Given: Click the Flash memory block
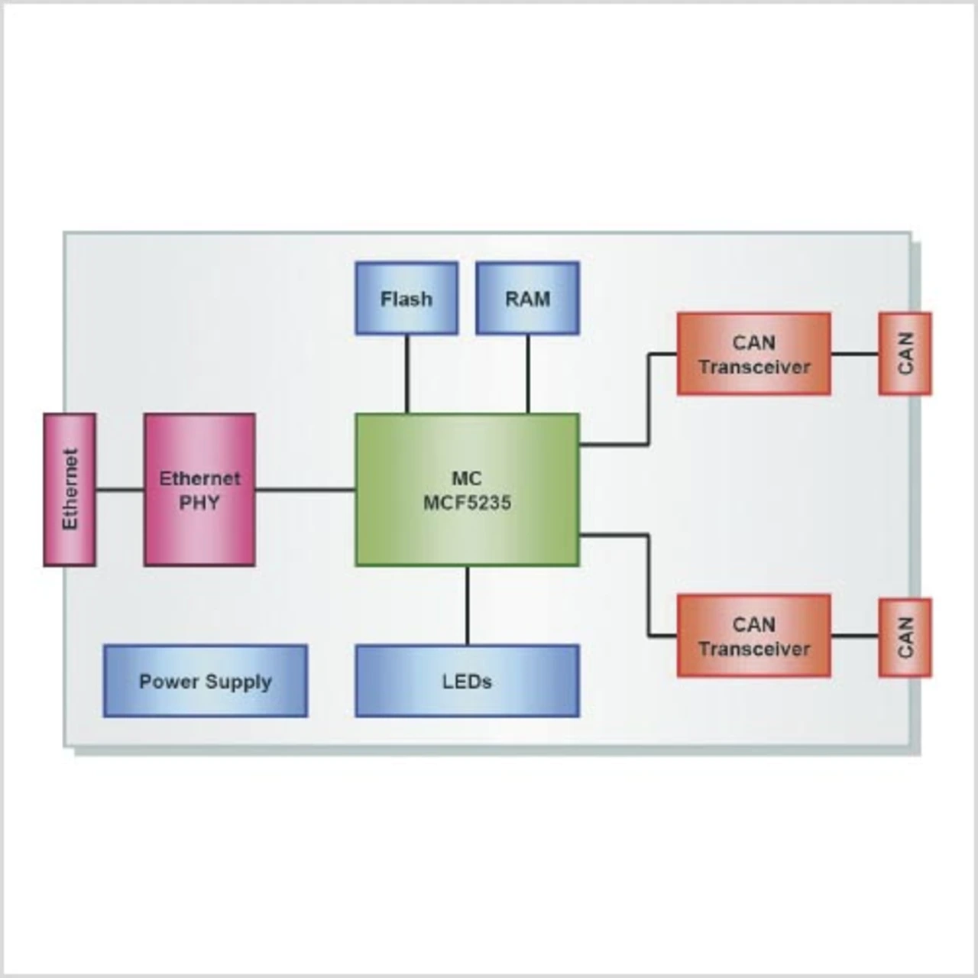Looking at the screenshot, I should click(406, 298).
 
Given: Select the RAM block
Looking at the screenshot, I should click(527, 298).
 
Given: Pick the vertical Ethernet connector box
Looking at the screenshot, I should click(70, 489).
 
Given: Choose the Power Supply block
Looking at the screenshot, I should click(206, 681).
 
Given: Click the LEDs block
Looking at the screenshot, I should click(467, 681).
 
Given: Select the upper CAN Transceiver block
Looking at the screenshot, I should click(753, 354).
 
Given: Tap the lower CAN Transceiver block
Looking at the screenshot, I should click(753, 636).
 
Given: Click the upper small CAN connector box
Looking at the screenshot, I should click(905, 354).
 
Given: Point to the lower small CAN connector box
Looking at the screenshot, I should click(905, 638).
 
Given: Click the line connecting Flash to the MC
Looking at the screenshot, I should click(406, 374).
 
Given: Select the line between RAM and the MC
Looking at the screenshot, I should click(527, 374).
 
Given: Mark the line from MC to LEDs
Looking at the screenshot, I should click(467, 605).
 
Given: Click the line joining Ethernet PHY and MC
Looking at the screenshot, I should click(306, 489).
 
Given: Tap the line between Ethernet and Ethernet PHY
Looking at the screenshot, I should click(120, 489).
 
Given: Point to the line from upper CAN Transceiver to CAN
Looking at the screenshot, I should click(854, 354).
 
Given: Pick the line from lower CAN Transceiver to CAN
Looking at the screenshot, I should click(854, 636).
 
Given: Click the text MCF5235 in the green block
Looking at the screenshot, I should click(467, 503).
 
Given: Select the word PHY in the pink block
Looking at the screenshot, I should click(199, 503).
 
